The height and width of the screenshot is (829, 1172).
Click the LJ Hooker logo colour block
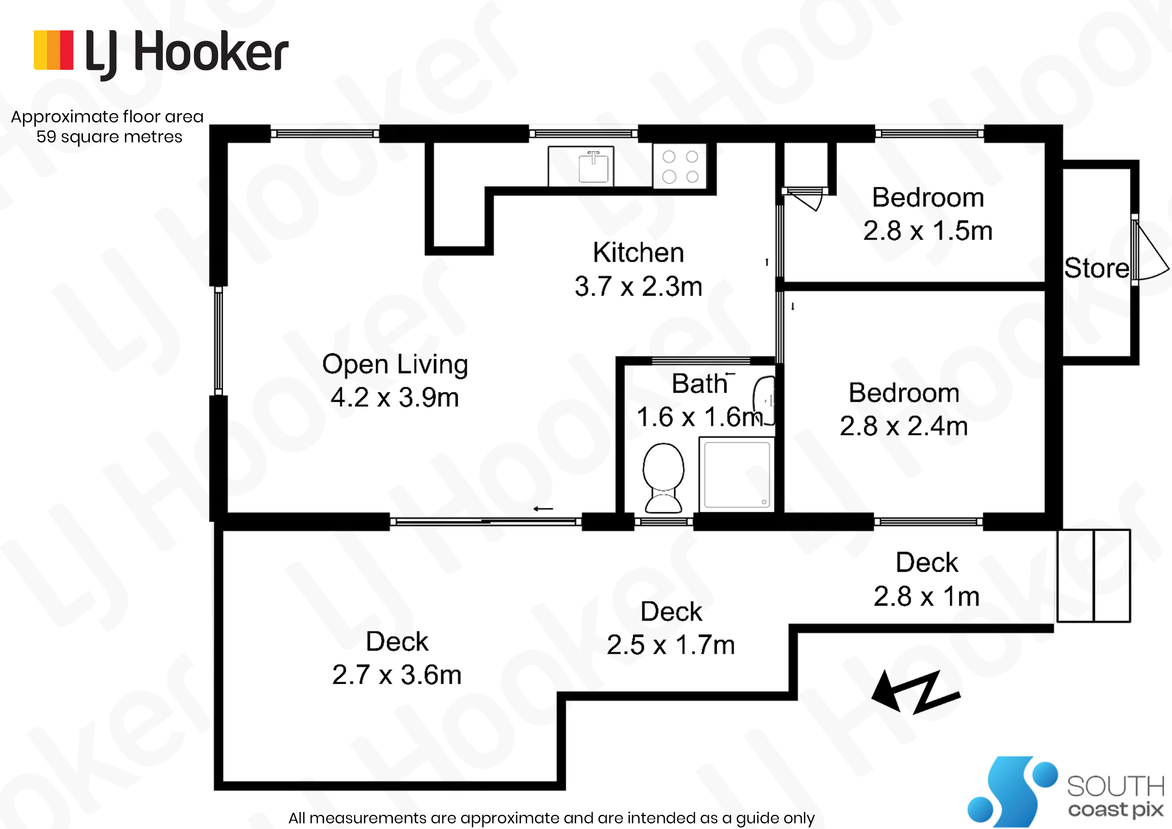coord(53,49)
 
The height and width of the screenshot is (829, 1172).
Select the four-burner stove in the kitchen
coord(680,166)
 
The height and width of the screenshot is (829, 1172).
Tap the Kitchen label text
coord(638,252)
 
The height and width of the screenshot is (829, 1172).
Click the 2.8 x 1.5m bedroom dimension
coord(928,231)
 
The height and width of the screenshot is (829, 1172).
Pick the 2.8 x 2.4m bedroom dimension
coord(904,426)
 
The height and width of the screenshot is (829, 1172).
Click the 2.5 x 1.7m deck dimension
coord(671,644)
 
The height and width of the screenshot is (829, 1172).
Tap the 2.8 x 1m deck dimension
coord(926,596)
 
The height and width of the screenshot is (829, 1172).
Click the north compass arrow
coord(915,693)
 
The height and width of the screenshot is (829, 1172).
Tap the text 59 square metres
coord(109,137)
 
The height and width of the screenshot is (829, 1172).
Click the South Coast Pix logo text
coord(1115,797)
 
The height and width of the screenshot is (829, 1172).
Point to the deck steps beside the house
coord(1094,576)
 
